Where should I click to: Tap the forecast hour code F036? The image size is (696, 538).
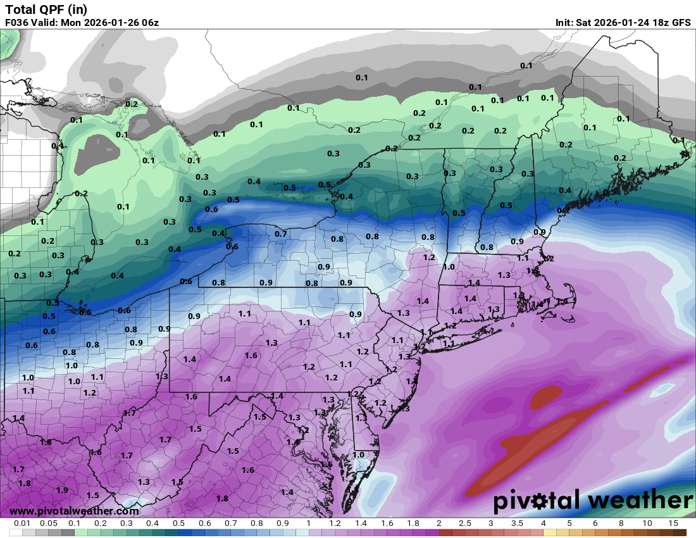18,22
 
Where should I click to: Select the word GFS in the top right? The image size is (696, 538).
681,22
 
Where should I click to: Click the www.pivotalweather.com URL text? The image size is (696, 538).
74,511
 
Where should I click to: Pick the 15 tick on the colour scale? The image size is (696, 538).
673,523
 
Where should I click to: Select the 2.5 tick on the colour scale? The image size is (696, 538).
465,523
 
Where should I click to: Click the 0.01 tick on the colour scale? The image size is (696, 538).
22,523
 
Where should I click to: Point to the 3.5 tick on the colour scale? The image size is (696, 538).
517,523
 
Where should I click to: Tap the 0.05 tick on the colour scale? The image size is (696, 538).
48,523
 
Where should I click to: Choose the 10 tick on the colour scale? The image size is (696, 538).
647,523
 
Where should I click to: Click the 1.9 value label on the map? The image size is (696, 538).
62,491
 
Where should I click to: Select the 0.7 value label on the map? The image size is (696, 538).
281,234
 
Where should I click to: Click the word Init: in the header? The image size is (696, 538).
564,22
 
